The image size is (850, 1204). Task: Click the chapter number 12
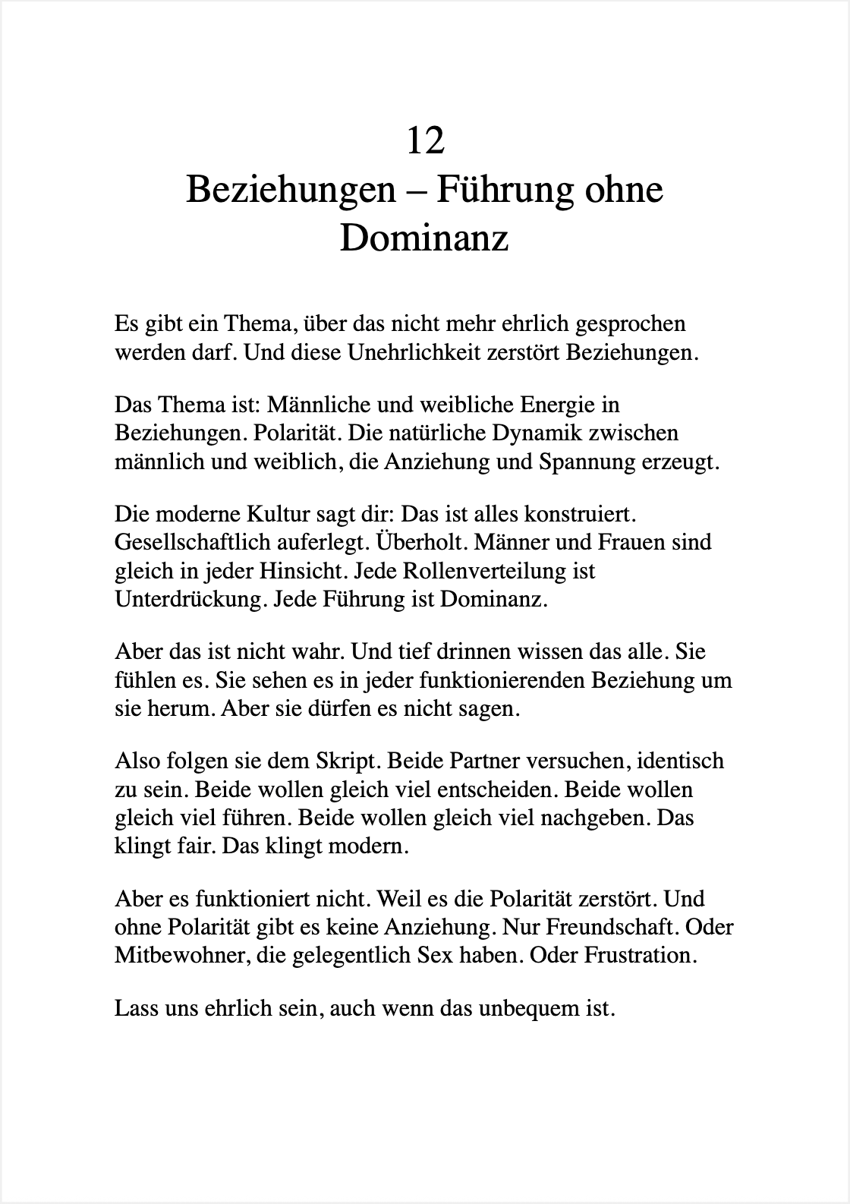tap(425, 140)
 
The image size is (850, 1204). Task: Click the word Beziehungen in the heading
tap(291, 189)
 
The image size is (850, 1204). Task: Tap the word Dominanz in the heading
tap(423, 238)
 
